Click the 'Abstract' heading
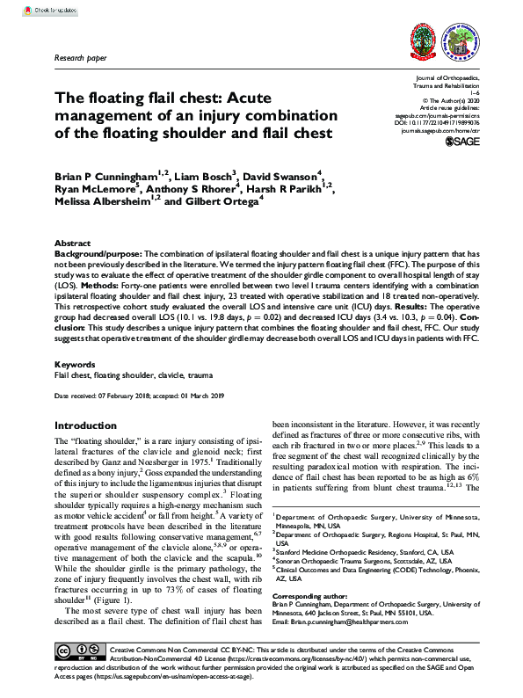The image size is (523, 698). [x=72, y=243]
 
